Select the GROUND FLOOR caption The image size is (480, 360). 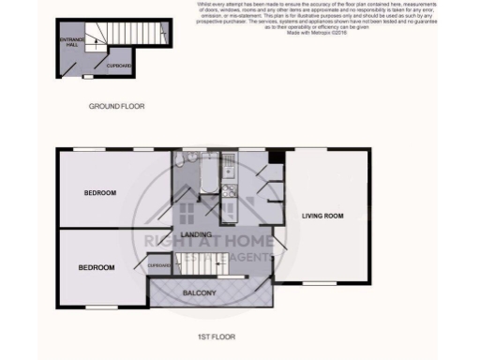[x=115, y=106]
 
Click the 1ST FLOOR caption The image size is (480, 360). [x=217, y=335]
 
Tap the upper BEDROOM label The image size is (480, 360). [x=99, y=193]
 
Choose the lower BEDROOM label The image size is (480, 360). [x=96, y=267]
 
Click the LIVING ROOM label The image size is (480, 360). [x=322, y=217]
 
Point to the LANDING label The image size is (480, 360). [x=195, y=234]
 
